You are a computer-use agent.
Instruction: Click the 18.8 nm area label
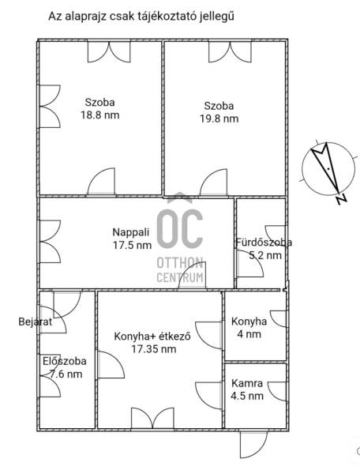tap(100, 115)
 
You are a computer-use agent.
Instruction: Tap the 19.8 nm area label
tap(219, 118)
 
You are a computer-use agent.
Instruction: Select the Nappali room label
tap(131, 232)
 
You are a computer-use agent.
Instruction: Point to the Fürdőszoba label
tap(264, 243)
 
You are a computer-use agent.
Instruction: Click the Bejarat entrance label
tap(36, 322)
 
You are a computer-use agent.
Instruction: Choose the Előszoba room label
tap(64, 361)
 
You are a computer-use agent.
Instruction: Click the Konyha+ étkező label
tap(152, 337)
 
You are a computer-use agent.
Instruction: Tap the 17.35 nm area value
tap(154, 349)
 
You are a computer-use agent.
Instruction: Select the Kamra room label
tap(247, 383)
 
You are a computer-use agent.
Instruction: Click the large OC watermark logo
tap(180, 228)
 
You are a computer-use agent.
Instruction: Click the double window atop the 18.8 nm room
tap(109, 52)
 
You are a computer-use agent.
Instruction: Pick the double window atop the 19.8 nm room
tap(230, 52)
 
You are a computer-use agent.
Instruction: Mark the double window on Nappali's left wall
tap(51, 242)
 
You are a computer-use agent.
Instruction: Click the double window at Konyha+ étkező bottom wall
tap(152, 419)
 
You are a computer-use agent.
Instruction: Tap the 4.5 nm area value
tap(247, 396)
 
